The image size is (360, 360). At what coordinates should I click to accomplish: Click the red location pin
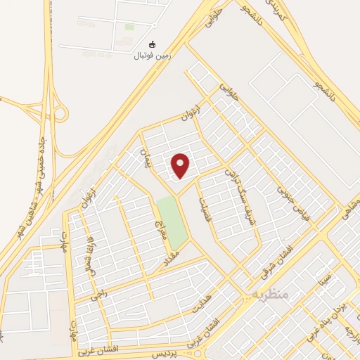click(181, 165)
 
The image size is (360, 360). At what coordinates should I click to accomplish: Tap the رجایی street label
click(100, 292)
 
